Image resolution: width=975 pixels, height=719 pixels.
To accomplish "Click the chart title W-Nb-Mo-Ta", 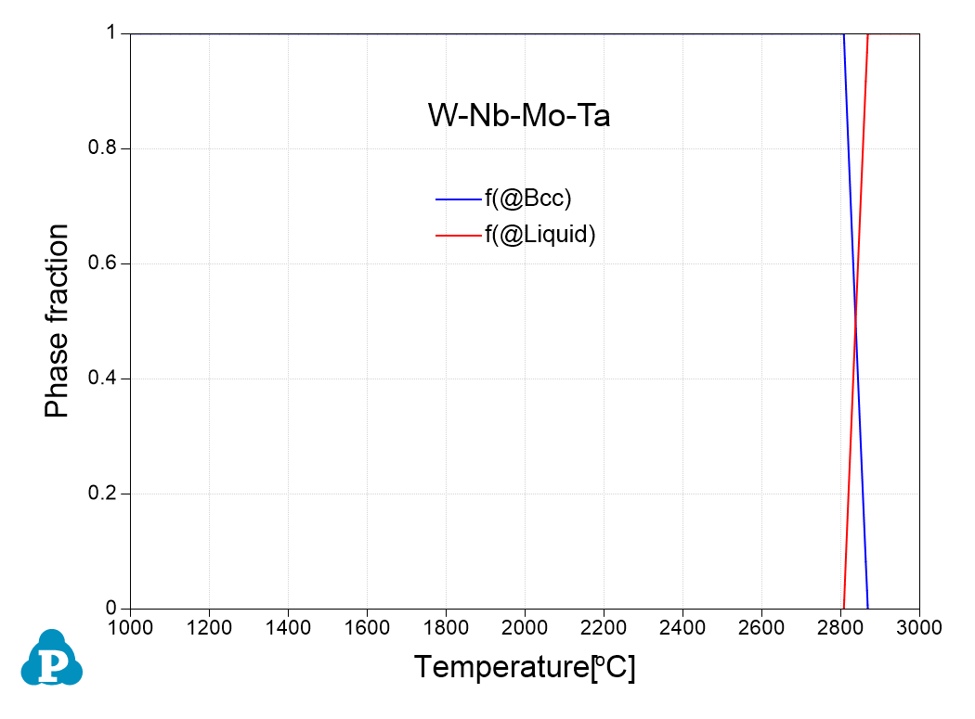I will [x=518, y=116].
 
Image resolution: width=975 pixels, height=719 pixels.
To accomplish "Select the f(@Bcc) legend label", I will [x=526, y=198].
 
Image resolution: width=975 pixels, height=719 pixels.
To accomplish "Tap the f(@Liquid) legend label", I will [x=539, y=235].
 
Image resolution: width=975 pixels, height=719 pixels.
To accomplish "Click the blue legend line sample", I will [x=458, y=199].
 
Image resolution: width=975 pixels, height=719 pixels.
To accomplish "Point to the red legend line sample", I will [x=458, y=236].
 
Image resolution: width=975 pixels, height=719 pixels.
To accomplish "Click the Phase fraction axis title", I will [x=58, y=321].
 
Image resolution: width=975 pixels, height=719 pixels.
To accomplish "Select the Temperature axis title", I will [x=525, y=667].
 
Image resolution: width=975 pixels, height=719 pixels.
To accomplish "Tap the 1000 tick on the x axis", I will [x=130, y=627].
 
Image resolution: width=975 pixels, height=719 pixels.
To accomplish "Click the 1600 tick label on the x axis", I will [x=367, y=627].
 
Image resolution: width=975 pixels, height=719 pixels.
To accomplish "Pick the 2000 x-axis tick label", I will [x=525, y=627].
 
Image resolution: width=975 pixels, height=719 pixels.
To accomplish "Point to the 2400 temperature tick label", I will [x=682, y=627].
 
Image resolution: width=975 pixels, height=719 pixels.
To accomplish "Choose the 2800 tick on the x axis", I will [x=840, y=627].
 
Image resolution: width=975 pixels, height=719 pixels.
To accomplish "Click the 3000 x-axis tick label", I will [x=919, y=627].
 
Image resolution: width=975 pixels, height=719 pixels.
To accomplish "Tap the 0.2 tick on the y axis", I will [x=105, y=494].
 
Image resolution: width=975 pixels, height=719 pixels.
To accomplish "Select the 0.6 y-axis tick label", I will [x=105, y=263].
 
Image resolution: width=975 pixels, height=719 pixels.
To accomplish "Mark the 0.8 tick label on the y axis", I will [x=105, y=148].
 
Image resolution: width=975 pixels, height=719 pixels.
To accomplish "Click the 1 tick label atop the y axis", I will [x=113, y=33].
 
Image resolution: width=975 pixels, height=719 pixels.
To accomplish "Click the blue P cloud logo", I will [x=52, y=659].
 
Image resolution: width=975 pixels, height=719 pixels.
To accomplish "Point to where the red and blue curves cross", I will [x=855, y=321].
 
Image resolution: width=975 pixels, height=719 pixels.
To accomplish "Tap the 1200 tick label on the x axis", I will [x=209, y=627].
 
